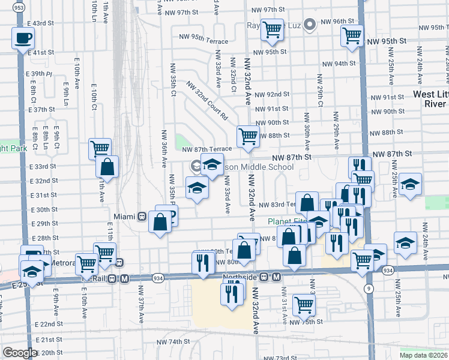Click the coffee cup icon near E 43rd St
(x=23, y=38)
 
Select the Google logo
(x=20, y=353)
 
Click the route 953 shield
(x=19, y=8)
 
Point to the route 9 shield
(x=367, y=289)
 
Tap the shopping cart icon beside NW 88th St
(x=248, y=136)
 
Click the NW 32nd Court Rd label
(x=207, y=100)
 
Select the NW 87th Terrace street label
(x=206, y=149)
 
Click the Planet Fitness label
(x=287, y=221)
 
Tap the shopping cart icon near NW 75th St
(x=304, y=304)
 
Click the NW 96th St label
(x=338, y=22)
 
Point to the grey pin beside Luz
(x=310, y=25)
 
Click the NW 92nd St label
(x=271, y=95)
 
